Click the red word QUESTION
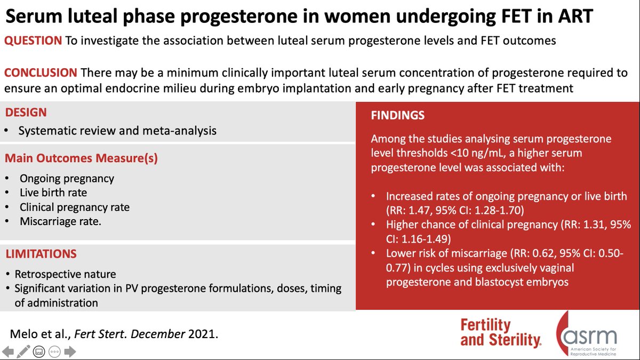pyautogui.click(x=34, y=41)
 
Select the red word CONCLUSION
pyautogui.click(x=41, y=73)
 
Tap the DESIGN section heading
pyautogui.click(x=26, y=113)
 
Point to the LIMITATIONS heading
pyautogui.click(x=41, y=254)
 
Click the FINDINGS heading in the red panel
pyautogui.click(x=398, y=115)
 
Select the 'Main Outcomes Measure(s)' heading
pyautogui.click(x=81, y=158)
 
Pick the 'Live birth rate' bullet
pyautogui.click(x=53, y=193)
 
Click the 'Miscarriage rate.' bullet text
pyautogui.click(x=60, y=221)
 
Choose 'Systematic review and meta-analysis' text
pyautogui.click(x=117, y=131)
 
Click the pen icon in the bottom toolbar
pyautogui.click(x=23, y=351)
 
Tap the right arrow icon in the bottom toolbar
pyautogui.click(x=70, y=351)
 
